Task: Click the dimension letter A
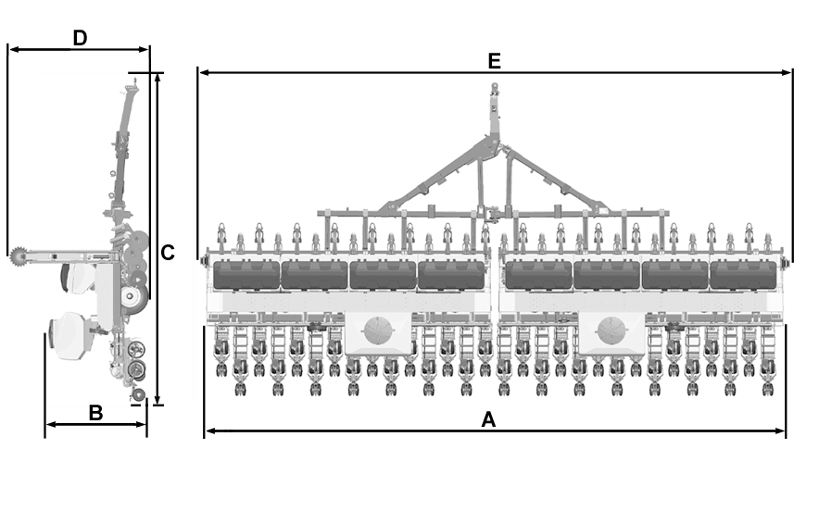click(488, 419)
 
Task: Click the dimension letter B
click(95, 413)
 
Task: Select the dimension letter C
click(167, 253)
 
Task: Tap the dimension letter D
click(80, 38)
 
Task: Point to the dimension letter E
click(494, 61)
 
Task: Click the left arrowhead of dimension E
click(204, 72)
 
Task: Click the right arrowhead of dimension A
click(780, 430)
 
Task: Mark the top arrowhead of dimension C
click(158, 78)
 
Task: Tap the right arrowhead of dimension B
click(141, 424)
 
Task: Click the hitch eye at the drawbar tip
click(494, 86)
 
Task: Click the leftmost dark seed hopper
click(246, 275)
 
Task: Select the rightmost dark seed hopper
click(743, 275)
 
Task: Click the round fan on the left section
click(378, 331)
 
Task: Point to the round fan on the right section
click(611, 331)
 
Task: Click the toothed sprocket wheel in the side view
click(18, 256)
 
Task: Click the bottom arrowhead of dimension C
click(158, 399)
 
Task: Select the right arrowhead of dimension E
click(786, 72)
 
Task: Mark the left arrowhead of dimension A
click(211, 430)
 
